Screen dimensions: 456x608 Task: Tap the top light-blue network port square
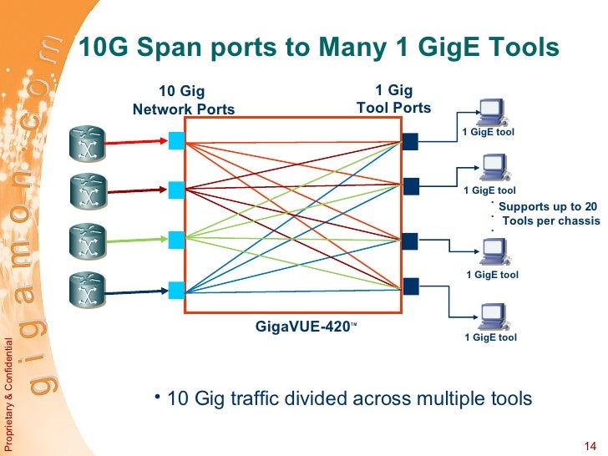click(x=176, y=140)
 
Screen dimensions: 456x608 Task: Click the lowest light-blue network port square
click(x=176, y=291)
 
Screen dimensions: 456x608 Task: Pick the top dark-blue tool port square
click(x=409, y=140)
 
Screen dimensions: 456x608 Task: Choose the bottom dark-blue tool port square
click(x=409, y=286)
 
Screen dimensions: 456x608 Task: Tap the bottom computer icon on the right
click(x=489, y=318)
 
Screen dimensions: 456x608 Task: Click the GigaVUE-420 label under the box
click(x=306, y=326)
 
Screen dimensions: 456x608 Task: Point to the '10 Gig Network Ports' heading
click(x=183, y=100)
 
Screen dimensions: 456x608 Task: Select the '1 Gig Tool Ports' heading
click(x=393, y=99)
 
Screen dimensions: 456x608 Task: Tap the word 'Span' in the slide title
click(x=175, y=48)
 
